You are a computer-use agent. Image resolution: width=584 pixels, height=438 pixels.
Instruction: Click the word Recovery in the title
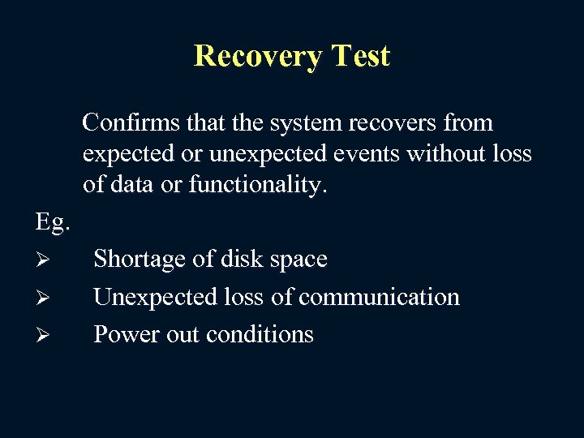pos(257,56)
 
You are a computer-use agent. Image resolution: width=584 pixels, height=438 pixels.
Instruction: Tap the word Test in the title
pos(359,56)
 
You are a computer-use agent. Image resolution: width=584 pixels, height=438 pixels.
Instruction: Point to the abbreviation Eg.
pos(53,221)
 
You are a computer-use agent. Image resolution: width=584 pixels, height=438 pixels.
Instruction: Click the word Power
pos(122,334)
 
